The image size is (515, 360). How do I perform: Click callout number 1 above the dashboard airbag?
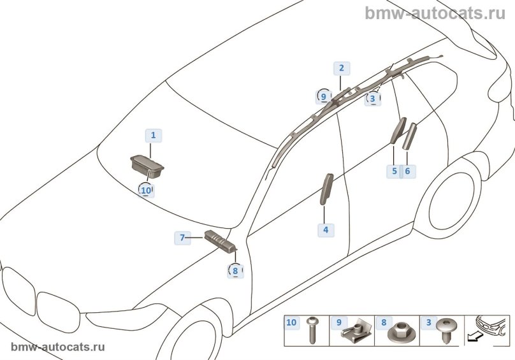(153, 135)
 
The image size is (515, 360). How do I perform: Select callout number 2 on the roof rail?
(341, 68)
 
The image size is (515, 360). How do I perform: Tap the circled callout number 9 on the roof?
(324, 96)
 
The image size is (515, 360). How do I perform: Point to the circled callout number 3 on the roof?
(373, 99)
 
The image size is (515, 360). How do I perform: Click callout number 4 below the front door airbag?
(325, 229)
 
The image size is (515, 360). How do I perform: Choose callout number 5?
(394, 171)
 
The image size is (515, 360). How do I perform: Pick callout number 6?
(407, 171)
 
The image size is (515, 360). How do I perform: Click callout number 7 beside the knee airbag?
(182, 238)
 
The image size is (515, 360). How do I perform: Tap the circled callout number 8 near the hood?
(235, 270)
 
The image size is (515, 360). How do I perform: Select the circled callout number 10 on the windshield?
(146, 190)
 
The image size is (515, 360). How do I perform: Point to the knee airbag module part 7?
(219, 241)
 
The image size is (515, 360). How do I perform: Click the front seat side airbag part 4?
(326, 189)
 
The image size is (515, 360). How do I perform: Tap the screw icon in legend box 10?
(312, 331)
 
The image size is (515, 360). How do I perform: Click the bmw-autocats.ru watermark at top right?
(439, 13)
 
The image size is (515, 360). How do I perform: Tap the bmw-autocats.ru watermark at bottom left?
(58, 347)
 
